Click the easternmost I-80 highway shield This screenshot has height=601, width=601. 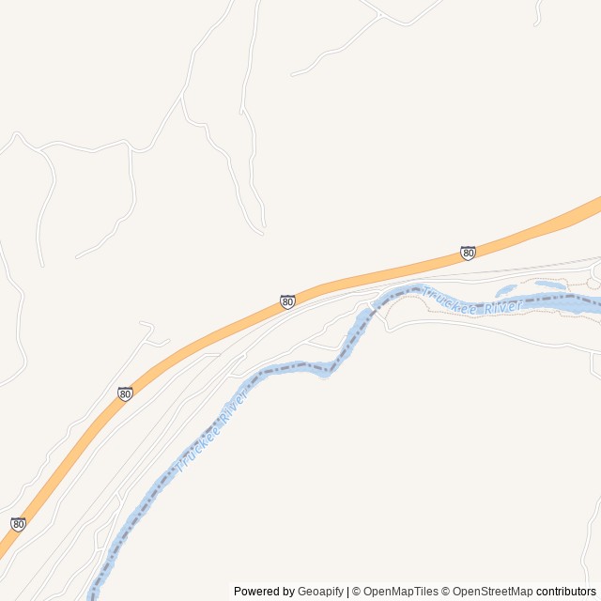(468, 253)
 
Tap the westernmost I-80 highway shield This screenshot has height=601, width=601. (18, 524)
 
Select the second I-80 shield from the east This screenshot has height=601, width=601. (287, 301)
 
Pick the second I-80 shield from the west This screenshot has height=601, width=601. (125, 393)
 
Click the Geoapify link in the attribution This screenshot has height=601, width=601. (320, 592)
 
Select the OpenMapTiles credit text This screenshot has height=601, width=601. (400, 592)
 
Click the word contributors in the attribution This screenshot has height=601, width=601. (566, 592)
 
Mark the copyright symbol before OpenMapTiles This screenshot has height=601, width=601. (357, 592)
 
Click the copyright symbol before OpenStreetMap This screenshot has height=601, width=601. (446, 592)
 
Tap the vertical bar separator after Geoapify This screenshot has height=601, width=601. (348, 592)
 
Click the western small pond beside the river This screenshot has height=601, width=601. (505, 290)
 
